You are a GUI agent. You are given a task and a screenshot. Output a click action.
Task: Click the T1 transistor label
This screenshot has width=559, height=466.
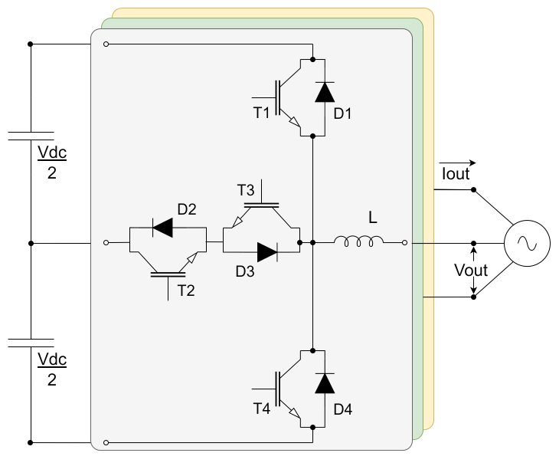coord(261,113)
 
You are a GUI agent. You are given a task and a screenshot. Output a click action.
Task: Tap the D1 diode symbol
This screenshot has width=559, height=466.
coord(325,92)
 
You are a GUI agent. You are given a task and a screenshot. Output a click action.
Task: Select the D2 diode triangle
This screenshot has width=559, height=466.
coord(162,228)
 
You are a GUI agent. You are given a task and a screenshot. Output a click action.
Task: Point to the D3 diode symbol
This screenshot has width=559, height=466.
coord(267,252)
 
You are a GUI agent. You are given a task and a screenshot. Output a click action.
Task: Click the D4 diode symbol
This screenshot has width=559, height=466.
coord(325,383)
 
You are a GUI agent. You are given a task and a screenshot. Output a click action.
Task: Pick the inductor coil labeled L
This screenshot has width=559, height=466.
coord(358,241)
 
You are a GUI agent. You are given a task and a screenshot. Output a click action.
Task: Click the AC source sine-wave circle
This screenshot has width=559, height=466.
coord(527,244)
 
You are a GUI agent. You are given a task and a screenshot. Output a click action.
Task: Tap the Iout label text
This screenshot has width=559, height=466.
coord(456,174)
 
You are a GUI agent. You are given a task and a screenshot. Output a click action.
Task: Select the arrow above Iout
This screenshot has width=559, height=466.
coord(458,162)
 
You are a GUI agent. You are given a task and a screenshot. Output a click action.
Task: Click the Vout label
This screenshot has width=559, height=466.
coord(471,270)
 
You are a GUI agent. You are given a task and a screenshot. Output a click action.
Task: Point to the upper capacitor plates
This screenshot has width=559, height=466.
coord(31,136)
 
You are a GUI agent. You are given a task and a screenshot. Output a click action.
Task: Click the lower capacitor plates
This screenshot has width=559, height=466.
coord(31,343)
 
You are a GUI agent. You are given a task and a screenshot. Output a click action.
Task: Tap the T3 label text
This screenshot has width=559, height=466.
coord(246,190)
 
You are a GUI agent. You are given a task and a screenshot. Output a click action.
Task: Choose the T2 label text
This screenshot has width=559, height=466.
coord(186,290)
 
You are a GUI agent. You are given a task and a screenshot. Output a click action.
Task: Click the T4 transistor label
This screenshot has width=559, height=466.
coord(262,409)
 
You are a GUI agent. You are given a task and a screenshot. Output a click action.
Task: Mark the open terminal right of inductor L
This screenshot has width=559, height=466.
coord(404,243)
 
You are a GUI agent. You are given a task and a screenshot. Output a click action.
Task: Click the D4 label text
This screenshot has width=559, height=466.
coord(343,409)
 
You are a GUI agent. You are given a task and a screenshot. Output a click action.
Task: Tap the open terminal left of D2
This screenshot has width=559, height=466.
coord(106,243)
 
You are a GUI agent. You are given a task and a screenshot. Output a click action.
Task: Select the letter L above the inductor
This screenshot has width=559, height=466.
coord(373,218)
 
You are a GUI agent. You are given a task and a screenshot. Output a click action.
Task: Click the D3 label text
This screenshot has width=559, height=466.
coord(245,271)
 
